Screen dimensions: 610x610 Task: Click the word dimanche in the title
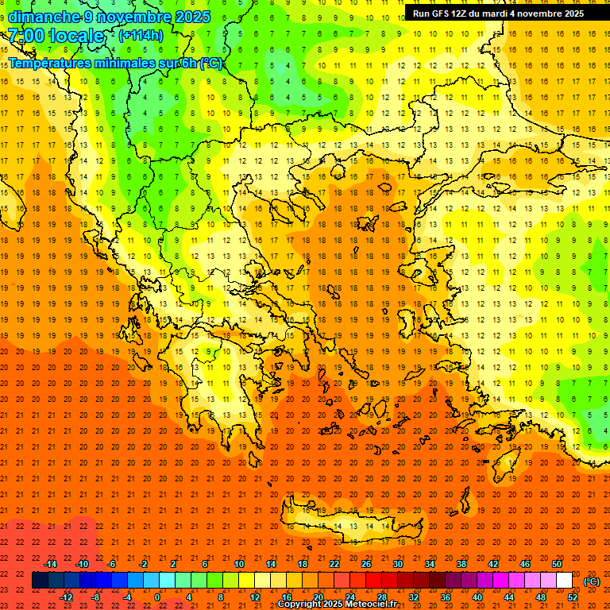click(x=44, y=17)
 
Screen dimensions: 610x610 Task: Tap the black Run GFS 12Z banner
click(x=498, y=13)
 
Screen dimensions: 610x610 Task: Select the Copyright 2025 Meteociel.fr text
click(x=336, y=604)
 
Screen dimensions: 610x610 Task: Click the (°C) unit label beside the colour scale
click(x=592, y=581)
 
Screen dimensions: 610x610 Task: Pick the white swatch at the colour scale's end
click(x=565, y=581)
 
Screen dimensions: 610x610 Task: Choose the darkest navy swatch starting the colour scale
click(x=40, y=581)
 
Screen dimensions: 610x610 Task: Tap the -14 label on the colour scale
click(x=50, y=564)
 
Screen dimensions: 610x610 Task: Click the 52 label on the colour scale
click(x=573, y=597)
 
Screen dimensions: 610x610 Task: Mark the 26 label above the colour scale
click(x=366, y=564)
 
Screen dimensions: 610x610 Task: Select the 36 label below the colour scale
click(x=446, y=597)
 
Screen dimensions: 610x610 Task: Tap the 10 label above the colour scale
click(x=239, y=564)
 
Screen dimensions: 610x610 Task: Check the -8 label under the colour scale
click(x=96, y=597)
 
